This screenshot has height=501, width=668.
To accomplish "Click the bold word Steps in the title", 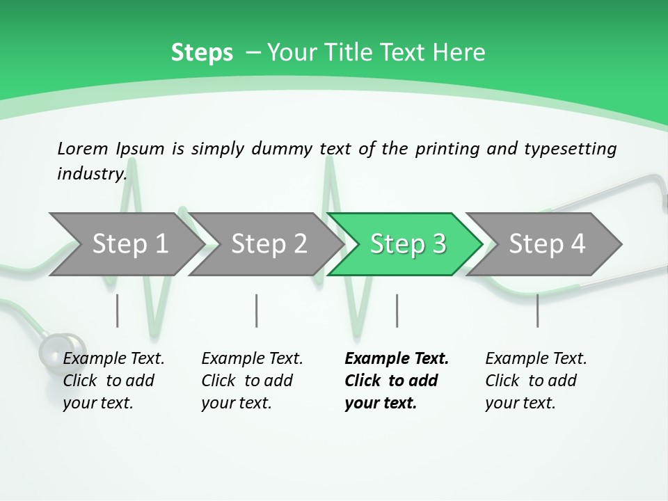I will pyautogui.click(x=202, y=53).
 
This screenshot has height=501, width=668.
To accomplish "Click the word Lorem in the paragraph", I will pyautogui.click(x=82, y=148).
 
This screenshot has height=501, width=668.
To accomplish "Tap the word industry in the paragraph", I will pyautogui.click(x=91, y=173).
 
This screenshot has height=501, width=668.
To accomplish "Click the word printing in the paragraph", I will pyautogui.click(x=446, y=148).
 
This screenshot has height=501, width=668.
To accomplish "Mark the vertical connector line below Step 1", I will pyautogui.click(x=117, y=310).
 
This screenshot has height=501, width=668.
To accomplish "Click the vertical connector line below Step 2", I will pyautogui.click(x=257, y=310).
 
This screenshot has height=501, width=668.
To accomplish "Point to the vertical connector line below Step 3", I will pyautogui.click(x=397, y=310).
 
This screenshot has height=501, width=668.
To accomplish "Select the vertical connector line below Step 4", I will pyautogui.click(x=537, y=310).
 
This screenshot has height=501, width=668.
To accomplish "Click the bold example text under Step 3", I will pyautogui.click(x=396, y=381).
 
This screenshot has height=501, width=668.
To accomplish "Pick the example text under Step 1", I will pyautogui.click(x=113, y=381).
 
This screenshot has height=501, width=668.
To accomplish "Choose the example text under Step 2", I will pyautogui.click(x=251, y=381).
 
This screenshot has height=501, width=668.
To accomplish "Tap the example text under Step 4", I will pyautogui.click(x=535, y=381).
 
